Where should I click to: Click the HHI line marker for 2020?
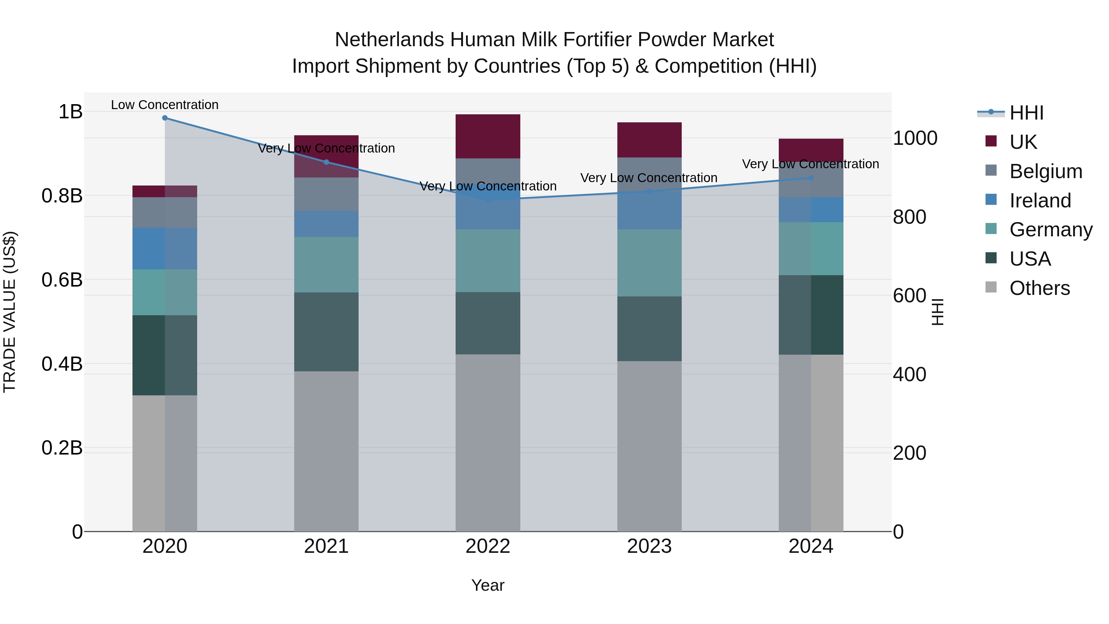[x=165, y=118]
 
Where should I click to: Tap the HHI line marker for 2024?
[x=811, y=178]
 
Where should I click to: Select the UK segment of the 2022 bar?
[x=488, y=137]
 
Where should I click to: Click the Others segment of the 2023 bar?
[x=649, y=446]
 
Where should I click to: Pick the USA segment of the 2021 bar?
[x=326, y=332]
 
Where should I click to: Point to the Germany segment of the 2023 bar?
[x=649, y=263]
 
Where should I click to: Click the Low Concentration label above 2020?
[x=165, y=105]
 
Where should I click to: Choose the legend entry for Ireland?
[x=1040, y=201]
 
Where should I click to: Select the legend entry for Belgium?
[x=1045, y=171]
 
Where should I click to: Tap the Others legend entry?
[x=1039, y=288]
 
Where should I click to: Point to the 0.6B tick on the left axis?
[x=62, y=280]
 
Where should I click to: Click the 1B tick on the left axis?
[x=70, y=112]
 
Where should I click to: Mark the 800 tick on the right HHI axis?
[x=909, y=217]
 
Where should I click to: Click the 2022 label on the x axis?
[x=488, y=546]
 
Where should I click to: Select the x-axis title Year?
[x=488, y=585]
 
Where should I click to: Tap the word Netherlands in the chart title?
[x=389, y=40]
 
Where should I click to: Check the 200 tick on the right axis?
[x=909, y=453]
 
